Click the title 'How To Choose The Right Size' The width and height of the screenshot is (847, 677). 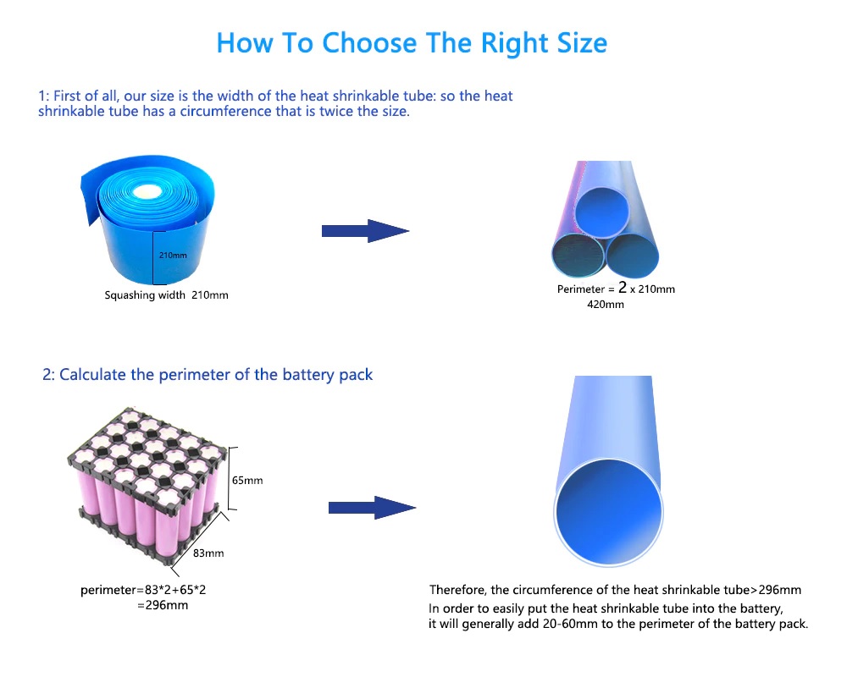[x=412, y=43]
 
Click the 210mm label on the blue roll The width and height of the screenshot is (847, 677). [x=173, y=255]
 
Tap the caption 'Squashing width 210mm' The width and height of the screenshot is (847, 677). [x=166, y=295]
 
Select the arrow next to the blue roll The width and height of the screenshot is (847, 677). [x=365, y=231]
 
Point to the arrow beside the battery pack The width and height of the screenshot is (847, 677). [x=372, y=508]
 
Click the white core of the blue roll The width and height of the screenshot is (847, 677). [x=144, y=191]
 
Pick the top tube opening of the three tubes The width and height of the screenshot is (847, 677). [x=602, y=212]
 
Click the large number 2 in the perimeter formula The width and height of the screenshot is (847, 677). [x=623, y=287]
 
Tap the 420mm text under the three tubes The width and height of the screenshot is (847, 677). [x=606, y=305]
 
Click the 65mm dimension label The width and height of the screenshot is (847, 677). [x=247, y=481]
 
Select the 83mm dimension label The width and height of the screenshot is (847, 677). [x=208, y=553]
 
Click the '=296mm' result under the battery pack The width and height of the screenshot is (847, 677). [x=163, y=605]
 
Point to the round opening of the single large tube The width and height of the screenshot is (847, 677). [x=609, y=512]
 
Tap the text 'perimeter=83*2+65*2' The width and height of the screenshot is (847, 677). [x=143, y=590]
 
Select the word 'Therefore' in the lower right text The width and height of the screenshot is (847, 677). [x=457, y=590]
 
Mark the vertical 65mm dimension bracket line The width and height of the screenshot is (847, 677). [x=229, y=478]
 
